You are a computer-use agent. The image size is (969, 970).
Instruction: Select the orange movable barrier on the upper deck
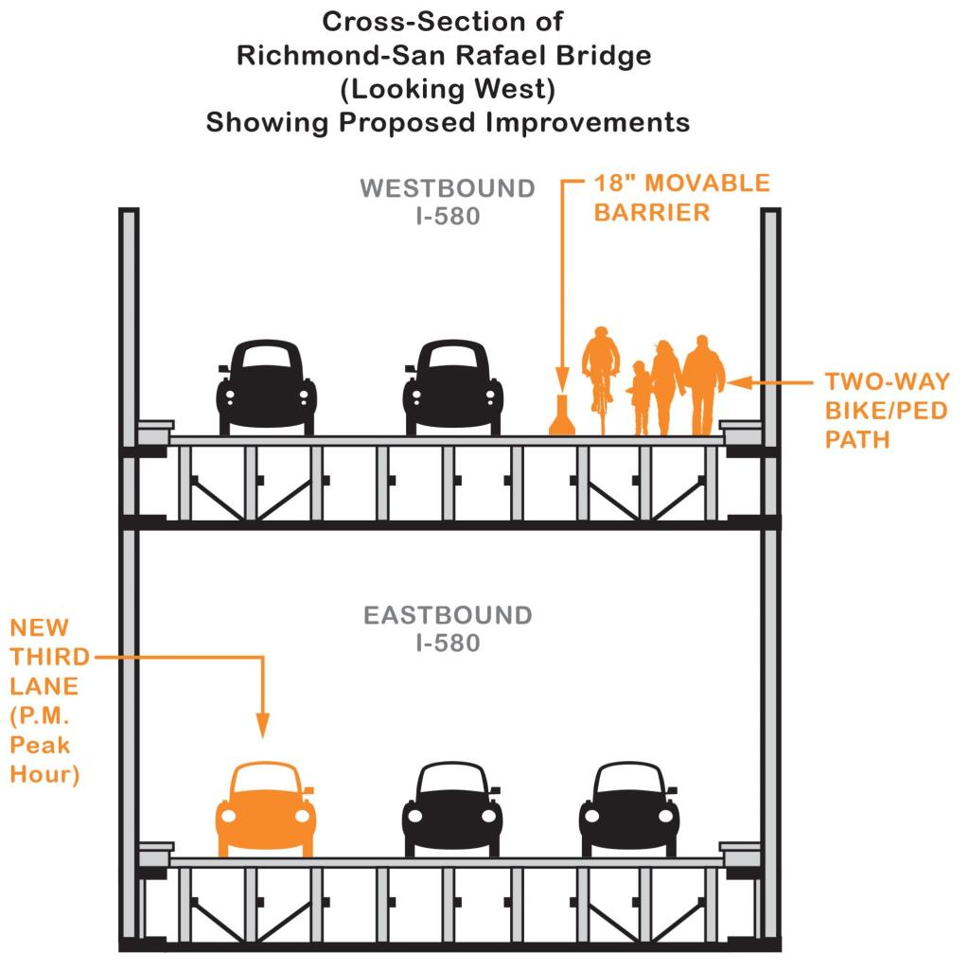click(562, 417)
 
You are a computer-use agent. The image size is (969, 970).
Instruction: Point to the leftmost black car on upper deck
click(266, 388)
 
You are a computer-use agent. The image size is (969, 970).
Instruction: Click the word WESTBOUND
click(448, 188)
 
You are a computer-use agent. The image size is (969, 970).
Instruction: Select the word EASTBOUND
click(448, 616)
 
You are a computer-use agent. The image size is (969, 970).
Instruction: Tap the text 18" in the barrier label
click(612, 184)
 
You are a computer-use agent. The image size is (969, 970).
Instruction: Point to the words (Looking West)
click(448, 89)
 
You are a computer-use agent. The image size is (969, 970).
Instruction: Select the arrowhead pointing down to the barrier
click(562, 381)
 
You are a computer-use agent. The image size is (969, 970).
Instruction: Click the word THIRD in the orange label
click(49, 657)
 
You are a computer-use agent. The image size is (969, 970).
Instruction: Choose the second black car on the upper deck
click(452, 388)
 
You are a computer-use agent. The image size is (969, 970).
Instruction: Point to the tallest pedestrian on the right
click(703, 383)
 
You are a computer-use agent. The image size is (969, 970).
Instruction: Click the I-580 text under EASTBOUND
click(448, 644)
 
